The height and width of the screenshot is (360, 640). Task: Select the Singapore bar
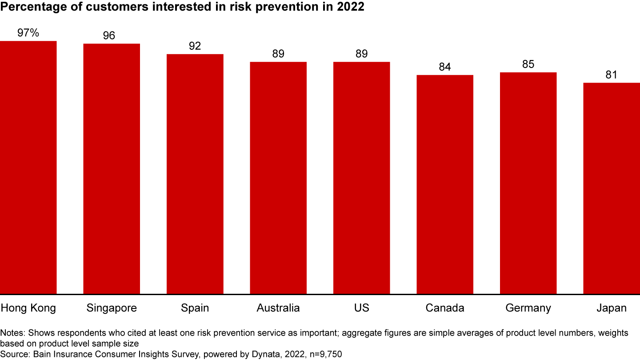112,169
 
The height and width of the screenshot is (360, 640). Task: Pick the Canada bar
444,184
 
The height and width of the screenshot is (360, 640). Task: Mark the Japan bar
612,188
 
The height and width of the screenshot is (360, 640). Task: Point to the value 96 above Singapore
109,36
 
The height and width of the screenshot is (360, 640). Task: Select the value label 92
195,46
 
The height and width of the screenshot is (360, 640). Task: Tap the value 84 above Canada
444,67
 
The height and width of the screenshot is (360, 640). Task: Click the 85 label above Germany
528,64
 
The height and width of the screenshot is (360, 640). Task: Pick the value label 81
612,75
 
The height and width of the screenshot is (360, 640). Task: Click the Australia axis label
278,308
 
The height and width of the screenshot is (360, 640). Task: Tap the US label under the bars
361,308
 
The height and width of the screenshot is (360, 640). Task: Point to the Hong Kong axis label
28,308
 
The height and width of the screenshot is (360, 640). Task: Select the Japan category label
612,308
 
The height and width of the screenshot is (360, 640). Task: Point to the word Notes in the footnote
12,333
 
